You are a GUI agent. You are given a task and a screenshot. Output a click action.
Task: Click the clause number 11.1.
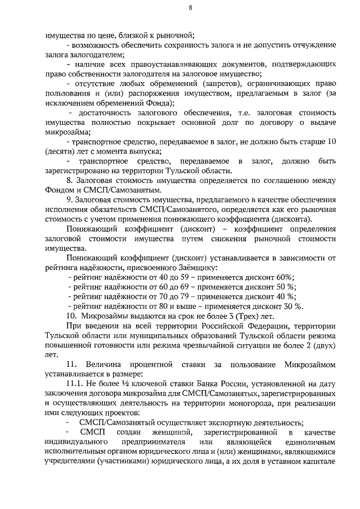tap(75, 384)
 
